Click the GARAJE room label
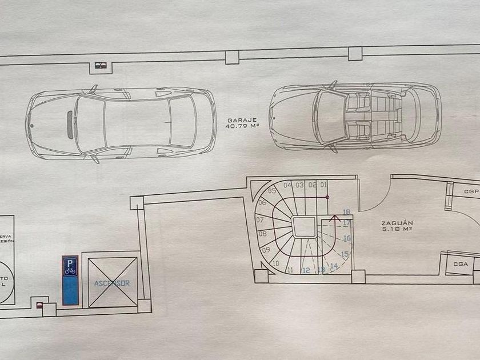241,120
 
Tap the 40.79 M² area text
241,127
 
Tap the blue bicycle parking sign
70,267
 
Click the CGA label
461,264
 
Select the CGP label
471,192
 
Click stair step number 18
346,212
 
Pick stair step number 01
323,185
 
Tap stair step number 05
272,191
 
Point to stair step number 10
276,263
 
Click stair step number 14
334,265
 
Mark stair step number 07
260,219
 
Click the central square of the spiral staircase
303,227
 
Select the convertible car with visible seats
355,117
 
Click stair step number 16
346,238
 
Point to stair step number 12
306,270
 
